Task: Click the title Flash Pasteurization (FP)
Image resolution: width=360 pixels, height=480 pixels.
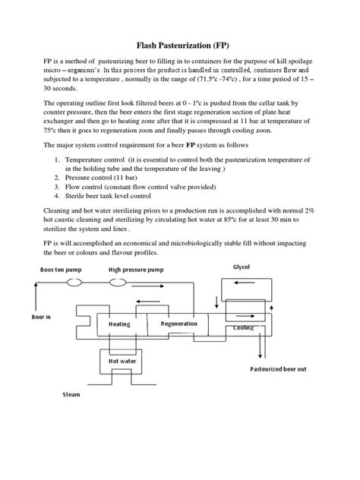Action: pos(179,46)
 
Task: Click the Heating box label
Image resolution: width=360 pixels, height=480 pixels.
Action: pos(119,324)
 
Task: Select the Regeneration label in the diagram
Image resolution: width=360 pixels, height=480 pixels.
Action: pos(178,324)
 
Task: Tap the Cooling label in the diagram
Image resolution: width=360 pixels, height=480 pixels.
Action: pos(243,328)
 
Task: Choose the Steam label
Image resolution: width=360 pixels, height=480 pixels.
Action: pos(71,395)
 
